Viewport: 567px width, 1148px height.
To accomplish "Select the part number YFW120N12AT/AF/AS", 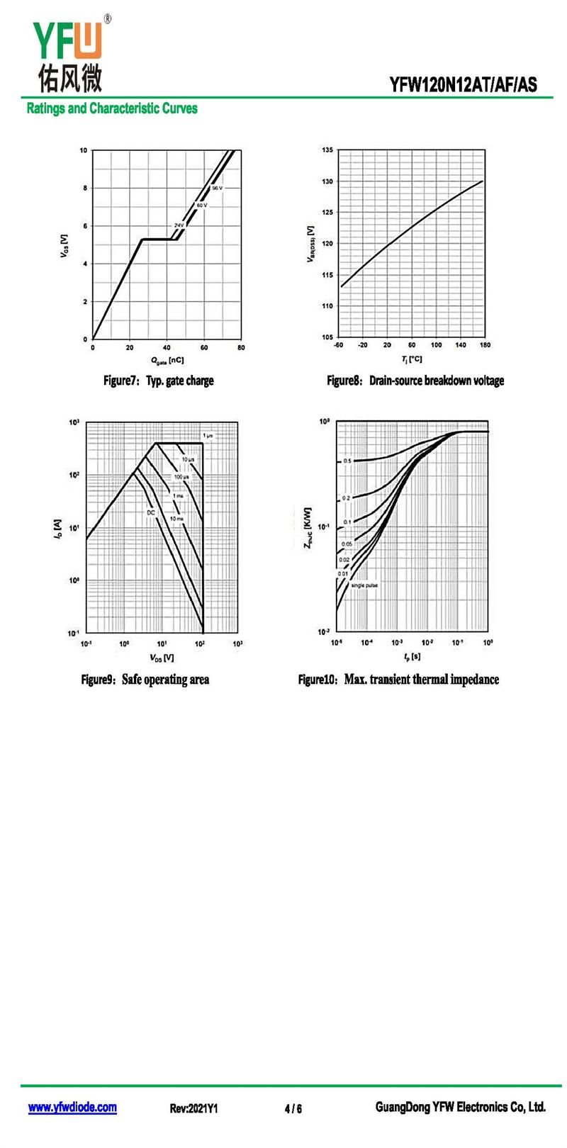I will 463,86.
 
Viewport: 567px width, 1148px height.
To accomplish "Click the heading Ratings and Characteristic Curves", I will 112,108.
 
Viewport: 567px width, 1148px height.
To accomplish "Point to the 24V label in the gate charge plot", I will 179,225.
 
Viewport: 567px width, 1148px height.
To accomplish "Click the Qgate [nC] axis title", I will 167,360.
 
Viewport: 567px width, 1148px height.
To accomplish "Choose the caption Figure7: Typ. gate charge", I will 158,381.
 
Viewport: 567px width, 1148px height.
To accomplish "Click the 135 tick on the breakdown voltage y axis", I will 327,150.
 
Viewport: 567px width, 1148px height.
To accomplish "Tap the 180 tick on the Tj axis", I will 485,345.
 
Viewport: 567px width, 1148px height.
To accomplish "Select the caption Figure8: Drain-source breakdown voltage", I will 415,381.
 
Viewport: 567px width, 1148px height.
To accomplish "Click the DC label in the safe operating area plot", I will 151,512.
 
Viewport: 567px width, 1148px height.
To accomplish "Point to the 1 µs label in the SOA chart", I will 208,435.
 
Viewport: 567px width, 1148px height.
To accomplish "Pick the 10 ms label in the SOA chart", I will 176,519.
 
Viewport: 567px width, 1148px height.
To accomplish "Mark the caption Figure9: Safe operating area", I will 145,680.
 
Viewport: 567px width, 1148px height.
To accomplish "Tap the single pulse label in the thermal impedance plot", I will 364,585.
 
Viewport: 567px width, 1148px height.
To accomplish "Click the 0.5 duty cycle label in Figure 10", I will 347,461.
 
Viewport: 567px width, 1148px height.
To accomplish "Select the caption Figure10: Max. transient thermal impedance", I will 398,680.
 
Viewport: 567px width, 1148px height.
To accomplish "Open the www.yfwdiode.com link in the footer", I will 72,1108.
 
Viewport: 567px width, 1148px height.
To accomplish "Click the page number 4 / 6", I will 293,1108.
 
